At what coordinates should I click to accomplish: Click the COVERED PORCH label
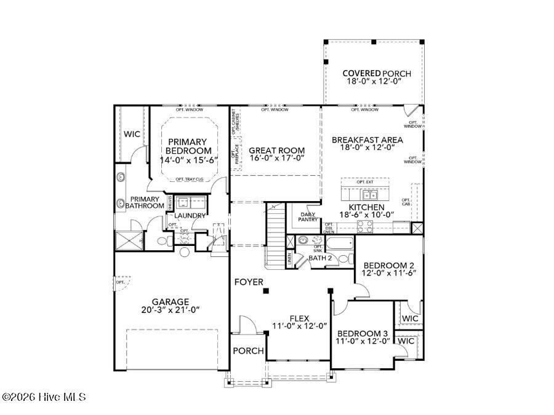tap(377, 74)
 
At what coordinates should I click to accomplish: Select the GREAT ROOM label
tap(276, 150)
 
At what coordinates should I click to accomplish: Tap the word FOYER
tap(249, 282)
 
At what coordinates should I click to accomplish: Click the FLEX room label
tap(299, 318)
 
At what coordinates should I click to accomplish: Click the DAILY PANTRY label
tap(308, 216)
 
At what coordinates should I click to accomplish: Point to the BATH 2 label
tap(320, 258)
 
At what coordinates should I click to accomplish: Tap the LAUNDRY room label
tap(190, 216)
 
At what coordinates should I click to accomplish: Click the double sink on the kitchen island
tap(370, 196)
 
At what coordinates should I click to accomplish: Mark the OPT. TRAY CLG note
tap(190, 179)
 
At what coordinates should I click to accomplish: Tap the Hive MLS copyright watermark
tap(44, 397)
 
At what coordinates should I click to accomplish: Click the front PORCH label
tap(248, 350)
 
